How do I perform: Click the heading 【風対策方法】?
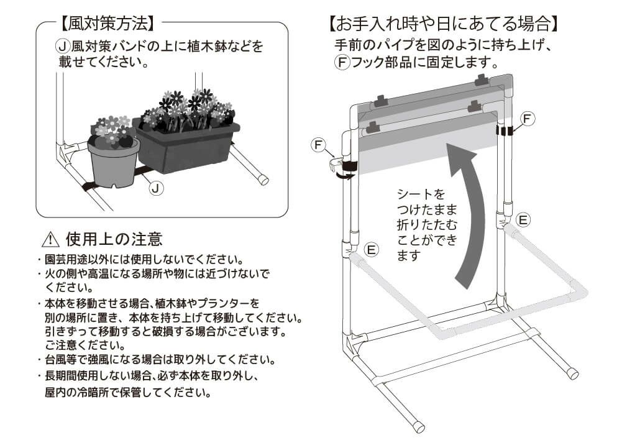106,24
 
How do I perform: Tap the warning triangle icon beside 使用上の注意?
49,239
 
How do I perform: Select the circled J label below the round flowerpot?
157,188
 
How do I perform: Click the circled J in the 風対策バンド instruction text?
62,46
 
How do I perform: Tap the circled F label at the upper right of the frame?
526,118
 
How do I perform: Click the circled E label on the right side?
524,219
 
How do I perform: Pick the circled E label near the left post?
372,249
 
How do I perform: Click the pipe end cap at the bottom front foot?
421,428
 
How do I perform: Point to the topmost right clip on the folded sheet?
482,80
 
